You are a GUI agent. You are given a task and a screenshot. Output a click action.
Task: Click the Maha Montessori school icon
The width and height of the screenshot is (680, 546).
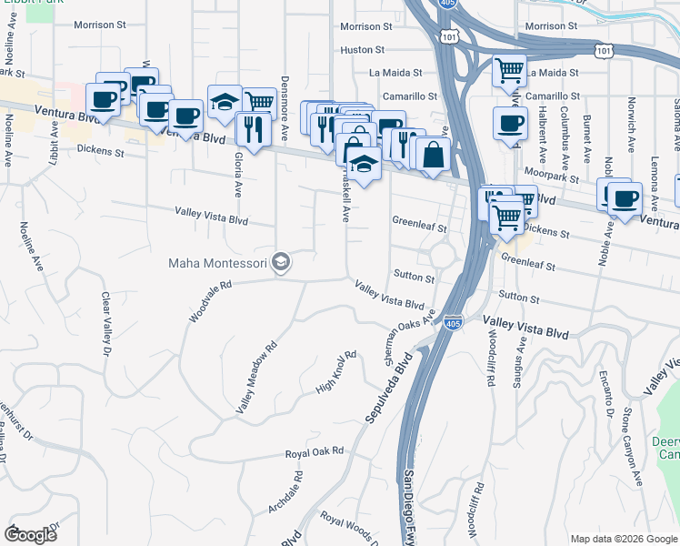pos(282,263)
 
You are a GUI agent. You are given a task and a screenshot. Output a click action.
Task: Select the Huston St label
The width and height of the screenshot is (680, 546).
pos(363,49)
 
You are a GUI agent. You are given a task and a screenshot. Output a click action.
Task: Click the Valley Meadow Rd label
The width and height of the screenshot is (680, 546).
pos(255,379)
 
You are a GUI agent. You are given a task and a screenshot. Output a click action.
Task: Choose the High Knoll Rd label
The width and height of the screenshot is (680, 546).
pos(335,372)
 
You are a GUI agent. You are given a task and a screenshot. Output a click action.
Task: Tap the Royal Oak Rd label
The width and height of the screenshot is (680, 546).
pos(315,451)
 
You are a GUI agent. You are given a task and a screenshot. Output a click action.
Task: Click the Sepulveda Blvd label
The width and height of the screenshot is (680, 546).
pos(389,388)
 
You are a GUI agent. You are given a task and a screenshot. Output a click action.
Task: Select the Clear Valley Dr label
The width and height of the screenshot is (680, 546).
pos(105,324)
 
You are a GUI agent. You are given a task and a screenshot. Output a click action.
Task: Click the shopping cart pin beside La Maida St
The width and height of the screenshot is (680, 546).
pos(510,69)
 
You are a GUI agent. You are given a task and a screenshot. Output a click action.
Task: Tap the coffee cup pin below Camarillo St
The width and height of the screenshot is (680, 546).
pos(510,123)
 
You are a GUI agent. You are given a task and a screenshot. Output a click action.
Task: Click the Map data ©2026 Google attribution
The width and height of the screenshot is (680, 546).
pos(625,539)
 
